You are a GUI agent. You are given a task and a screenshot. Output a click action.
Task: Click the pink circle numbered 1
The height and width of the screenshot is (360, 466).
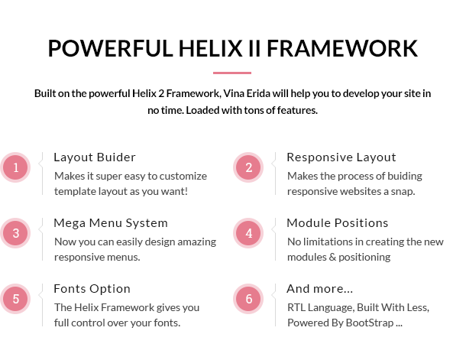pyautogui.click(x=15, y=167)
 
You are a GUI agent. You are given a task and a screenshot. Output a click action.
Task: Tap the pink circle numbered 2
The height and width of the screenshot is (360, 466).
pyautogui.click(x=248, y=167)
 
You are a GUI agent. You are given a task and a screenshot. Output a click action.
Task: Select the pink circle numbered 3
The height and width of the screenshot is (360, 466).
pyautogui.click(x=15, y=233)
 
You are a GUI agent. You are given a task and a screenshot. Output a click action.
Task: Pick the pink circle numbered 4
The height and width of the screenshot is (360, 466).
pyautogui.click(x=248, y=233)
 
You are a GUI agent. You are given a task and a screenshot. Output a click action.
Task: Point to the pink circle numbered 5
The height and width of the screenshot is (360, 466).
pyautogui.click(x=15, y=299)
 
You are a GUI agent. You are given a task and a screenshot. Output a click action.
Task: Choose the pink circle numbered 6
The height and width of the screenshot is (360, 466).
pyautogui.click(x=248, y=299)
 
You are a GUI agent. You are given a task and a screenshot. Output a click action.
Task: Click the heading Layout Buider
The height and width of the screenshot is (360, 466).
pyautogui.click(x=95, y=157)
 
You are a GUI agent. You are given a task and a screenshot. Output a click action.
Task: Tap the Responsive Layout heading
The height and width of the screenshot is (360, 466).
pyautogui.click(x=341, y=157)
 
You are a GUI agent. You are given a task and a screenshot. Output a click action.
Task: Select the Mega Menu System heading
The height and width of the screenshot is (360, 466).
pyautogui.click(x=111, y=223)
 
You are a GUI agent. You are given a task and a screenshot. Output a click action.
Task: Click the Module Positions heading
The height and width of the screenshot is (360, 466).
pyautogui.click(x=338, y=223)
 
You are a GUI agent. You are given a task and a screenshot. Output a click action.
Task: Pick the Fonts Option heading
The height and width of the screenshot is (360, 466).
pyautogui.click(x=92, y=289)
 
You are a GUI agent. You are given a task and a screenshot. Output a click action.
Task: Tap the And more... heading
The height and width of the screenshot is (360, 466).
pyautogui.click(x=320, y=289)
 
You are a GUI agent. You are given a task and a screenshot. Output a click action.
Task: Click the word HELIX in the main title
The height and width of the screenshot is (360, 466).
pyautogui.click(x=210, y=48)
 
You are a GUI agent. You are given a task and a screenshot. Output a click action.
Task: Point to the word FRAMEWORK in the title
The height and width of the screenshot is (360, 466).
pyautogui.click(x=342, y=48)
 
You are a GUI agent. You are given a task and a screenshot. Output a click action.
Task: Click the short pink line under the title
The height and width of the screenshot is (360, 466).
pyautogui.click(x=232, y=73)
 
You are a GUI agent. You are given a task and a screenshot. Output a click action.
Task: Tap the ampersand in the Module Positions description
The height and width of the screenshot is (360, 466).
pyautogui.click(x=332, y=257)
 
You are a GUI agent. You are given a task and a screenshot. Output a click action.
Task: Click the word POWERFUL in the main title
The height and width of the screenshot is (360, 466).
pyautogui.click(x=110, y=48)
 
